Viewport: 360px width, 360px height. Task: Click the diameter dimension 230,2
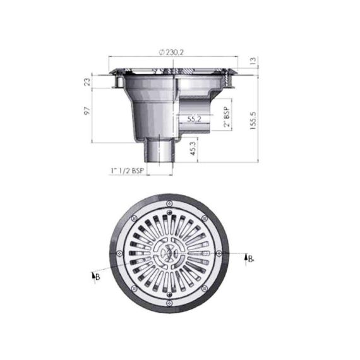(172, 52)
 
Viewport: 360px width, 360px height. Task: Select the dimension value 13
(253, 61)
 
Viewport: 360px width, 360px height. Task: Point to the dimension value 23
(88, 81)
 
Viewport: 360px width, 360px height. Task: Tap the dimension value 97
(88, 111)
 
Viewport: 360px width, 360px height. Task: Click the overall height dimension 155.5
(253, 121)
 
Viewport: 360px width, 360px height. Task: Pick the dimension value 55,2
(194, 119)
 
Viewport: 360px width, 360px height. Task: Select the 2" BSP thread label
(227, 117)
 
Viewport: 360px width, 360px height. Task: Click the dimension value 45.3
(193, 148)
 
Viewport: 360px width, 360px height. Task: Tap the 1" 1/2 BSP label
(128, 171)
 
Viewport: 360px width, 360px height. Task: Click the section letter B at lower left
(97, 277)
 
